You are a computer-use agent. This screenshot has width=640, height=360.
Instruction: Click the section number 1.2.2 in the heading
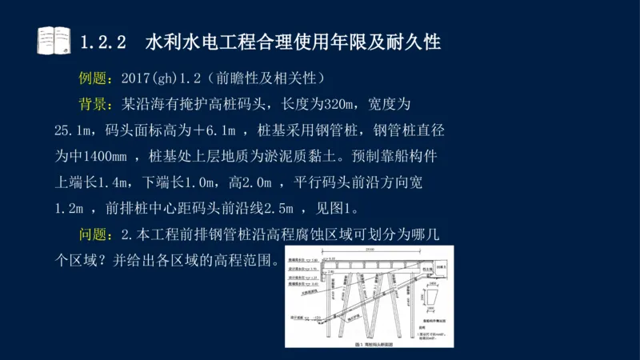coord(104,42)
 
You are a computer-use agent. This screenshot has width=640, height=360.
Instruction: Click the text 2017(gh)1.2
coord(160,78)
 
